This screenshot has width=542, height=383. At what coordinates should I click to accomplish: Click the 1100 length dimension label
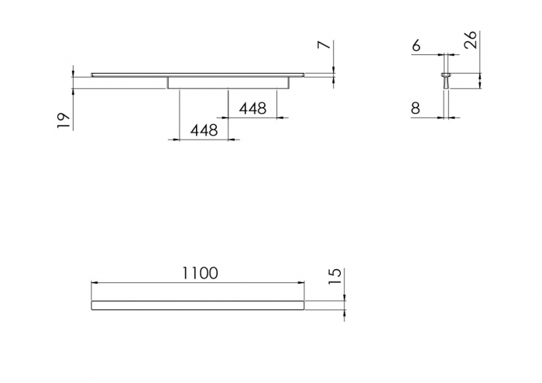[x=200, y=273]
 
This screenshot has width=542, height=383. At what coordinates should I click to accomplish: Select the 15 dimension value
[x=334, y=277]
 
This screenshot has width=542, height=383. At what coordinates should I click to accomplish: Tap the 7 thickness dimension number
[x=324, y=45]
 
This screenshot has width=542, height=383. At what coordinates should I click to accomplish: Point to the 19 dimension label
[x=63, y=121]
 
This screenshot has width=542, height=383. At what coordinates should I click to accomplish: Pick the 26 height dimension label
[x=471, y=40]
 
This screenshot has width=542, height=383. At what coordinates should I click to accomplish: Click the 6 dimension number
[x=417, y=45]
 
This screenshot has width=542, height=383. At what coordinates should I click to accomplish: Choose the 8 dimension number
[x=416, y=109]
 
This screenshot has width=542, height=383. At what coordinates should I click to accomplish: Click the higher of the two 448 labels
[x=253, y=109]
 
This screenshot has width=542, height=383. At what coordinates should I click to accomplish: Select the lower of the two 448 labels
[x=204, y=130]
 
